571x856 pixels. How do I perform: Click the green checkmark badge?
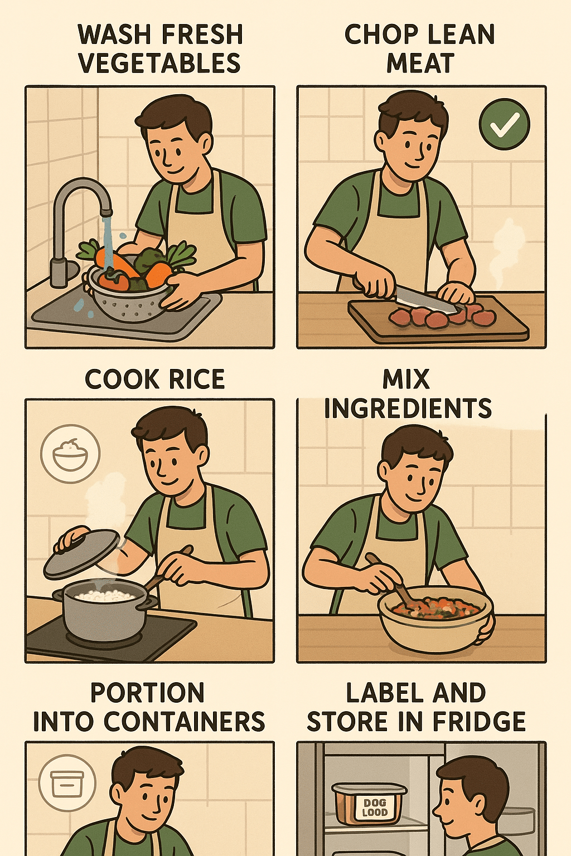click(504, 124)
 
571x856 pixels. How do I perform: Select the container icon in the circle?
click(67, 783)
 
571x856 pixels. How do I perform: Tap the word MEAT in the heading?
click(420, 63)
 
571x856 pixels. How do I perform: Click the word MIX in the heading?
click(406, 380)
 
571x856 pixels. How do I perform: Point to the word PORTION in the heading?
click(147, 693)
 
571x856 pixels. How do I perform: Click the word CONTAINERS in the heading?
click(184, 722)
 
